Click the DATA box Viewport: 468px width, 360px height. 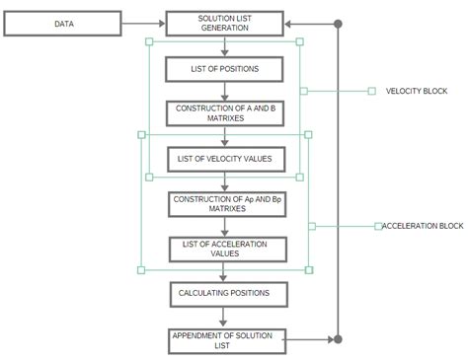[x=61, y=24]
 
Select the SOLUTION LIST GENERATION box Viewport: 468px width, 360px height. [x=225, y=24]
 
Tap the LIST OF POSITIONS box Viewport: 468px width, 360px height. [x=225, y=69]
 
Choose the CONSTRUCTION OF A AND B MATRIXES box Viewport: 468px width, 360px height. [x=225, y=112]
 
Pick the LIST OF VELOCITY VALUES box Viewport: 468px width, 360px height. [x=225, y=158]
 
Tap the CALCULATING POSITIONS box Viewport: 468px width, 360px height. [x=225, y=293]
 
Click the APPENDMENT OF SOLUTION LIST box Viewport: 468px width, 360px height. [x=225, y=340]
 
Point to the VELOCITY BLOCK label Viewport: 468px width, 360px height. [x=416, y=91]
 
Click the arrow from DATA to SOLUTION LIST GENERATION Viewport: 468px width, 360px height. [x=143, y=24]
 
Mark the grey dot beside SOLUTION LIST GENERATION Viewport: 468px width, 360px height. [x=338, y=24]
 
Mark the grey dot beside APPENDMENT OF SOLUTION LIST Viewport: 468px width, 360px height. [x=338, y=339]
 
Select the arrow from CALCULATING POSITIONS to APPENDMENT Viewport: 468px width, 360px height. [x=225, y=318]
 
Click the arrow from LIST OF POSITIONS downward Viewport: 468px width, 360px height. [x=225, y=91]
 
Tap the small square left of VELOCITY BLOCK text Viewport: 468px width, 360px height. [x=371, y=91]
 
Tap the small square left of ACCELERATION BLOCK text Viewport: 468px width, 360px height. [x=377, y=226]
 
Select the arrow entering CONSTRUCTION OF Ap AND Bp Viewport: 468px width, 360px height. [x=225, y=180]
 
